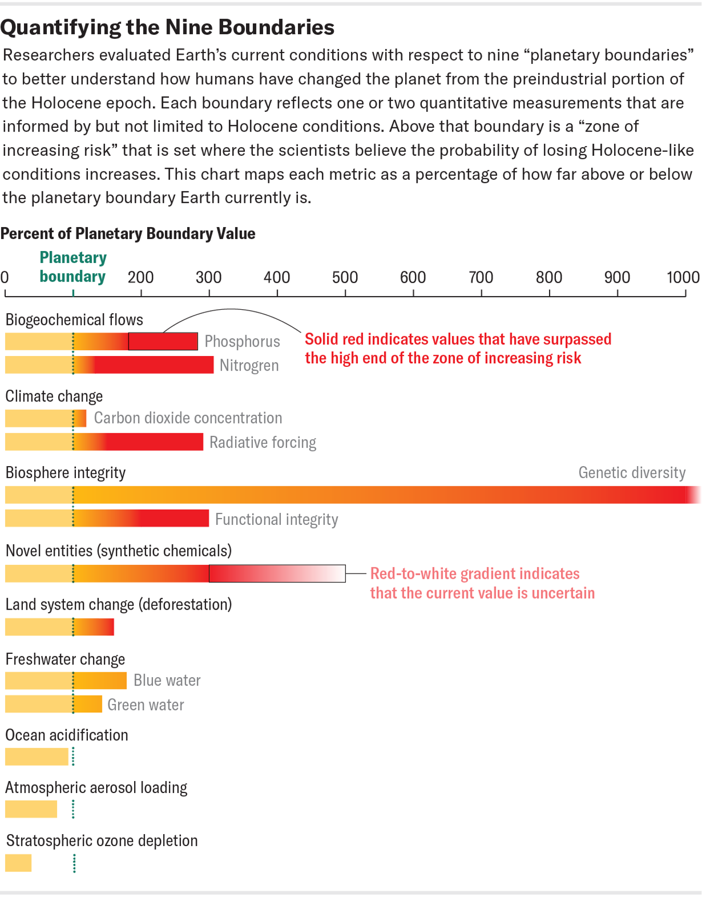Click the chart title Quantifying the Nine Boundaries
pyautogui.click(x=167, y=28)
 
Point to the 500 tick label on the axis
pyautogui.click(x=345, y=278)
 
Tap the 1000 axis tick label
pyautogui.click(x=683, y=278)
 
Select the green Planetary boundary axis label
pyautogui.click(x=73, y=267)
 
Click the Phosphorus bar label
pyautogui.click(x=242, y=341)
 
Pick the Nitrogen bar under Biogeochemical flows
pyautogui.click(x=109, y=365)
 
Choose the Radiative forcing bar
pyautogui.click(x=104, y=442)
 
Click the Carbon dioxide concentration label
pyautogui.click(x=188, y=418)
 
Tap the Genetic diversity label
pyautogui.click(x=632, y=472)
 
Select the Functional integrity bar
pyautogui.click(x=107, y=518)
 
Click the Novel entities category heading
pyautogui.click(x=119, y=550)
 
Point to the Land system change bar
pyautogui.click(x=59, y=627)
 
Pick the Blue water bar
pyautogui.click(x=66, y=681)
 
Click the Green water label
pyautogui.click(x=146, y=705)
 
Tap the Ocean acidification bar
pyautogui.click(x=36, y=757)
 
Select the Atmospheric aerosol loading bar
pyautogui.click(x=31, y=809)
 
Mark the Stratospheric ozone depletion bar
pyautogui.click(x=18, y=863)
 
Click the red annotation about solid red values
pyautogui.click(x=458, y=349)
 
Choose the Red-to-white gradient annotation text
pyautogui.click(x=482, y=583)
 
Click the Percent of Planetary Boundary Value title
pyautogui.click(x=128, y=234)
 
